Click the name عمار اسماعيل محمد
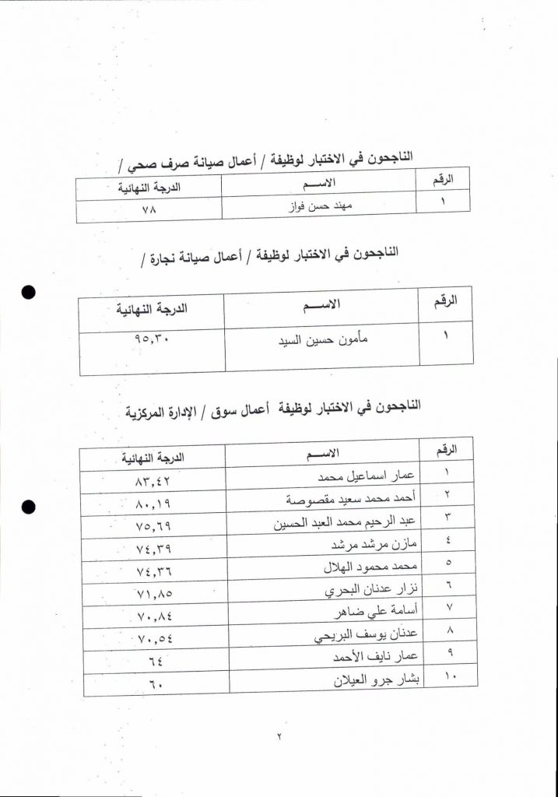pyautogui.click(x=373, y=475)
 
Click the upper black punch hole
pyautogui.click(x=30, y=293)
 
